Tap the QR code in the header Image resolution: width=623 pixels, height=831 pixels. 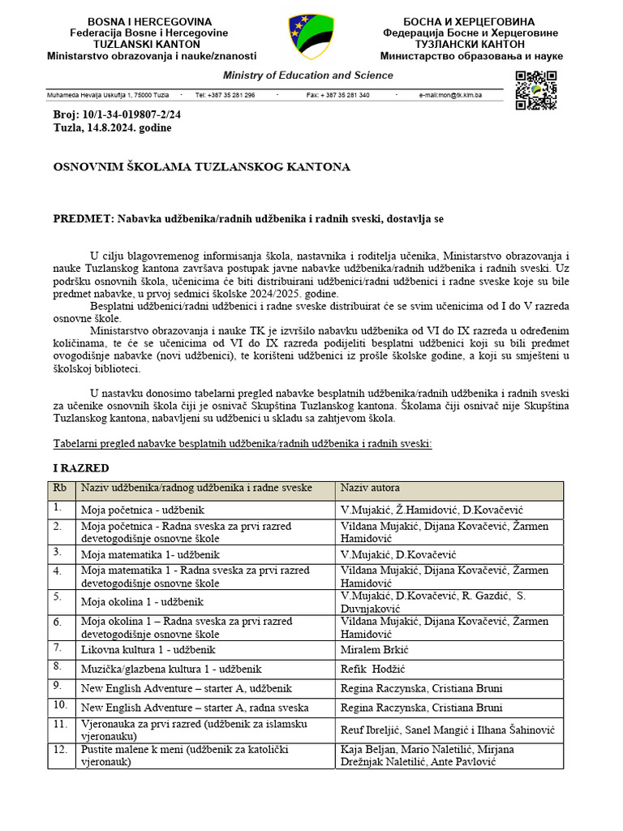(536, 90)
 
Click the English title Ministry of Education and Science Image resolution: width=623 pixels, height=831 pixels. (308, 75)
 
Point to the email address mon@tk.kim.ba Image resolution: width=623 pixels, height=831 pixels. (450, 95)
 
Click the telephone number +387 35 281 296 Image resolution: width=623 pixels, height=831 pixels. (225, 95)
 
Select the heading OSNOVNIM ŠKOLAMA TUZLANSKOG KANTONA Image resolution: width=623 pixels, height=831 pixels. (201, 167)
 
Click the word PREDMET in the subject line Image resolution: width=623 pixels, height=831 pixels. (84, 219)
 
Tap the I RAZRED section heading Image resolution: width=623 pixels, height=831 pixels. (81, 469)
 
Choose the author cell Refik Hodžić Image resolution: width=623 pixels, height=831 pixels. (372, 669)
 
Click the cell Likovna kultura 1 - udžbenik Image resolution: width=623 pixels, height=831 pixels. (148, 650)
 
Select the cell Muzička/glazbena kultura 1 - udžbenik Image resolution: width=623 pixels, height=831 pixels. (170, 669)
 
